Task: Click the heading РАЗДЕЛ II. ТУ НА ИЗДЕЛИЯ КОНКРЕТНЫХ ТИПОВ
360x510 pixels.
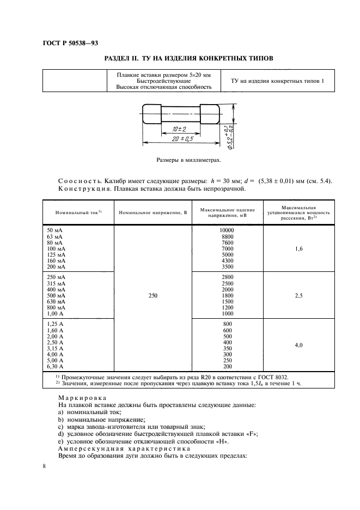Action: pyautogui.click(x=188, y=58)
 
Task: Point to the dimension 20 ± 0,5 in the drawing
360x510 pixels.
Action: pyautogui.click(x=181, y=140)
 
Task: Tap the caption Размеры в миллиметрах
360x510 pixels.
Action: pyautogui.click(x=188, y=161)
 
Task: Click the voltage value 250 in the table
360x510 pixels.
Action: pyautogui.click(x=152, y=295)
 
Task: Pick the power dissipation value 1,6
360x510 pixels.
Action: pyautogui.click(x=298, y=248)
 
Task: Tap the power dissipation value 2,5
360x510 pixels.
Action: pyautogui.click(x=298, y=295)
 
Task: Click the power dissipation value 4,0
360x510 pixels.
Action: pyautogui.click(x=298, y=345)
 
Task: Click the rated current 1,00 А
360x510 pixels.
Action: pyautogui.click(x=57, y=314)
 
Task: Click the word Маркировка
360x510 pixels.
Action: pyautogui.click(x=78, y=399)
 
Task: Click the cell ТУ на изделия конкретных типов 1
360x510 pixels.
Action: pyautogui.click(x=277, y=81)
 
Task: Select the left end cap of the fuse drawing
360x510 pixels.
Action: pyautogui.click(x=150, y=115)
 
